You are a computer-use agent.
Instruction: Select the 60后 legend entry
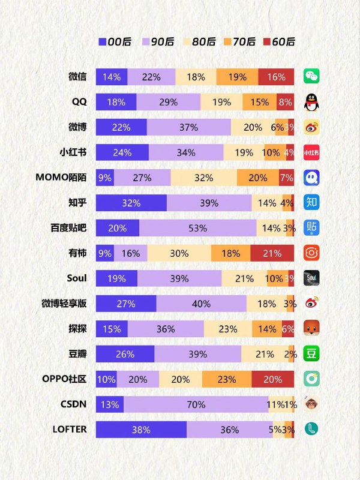pyautogui.click(x=278, y=41)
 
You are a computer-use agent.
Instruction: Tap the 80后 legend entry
pyautogui.click(x=198, y=41)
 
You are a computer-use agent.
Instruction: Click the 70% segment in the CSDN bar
pyautogui.click(x=196, y=404)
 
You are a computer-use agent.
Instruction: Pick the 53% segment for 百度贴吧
pyautogui.click(x=197, y=228)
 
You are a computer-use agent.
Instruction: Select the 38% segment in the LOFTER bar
pyautogui.click(x=141, y=430)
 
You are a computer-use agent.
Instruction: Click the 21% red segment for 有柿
pyautogui.click(x=272, y=253)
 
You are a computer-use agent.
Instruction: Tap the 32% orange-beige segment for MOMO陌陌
pyautogui.click(x=203, y=178)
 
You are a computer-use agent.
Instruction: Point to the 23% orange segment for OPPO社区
pyautogui.click(x=227, y=379)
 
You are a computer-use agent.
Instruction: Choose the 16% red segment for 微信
pyautogui.click(x=276, y=77)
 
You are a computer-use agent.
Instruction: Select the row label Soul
pyautogui.click(x=77, y=278)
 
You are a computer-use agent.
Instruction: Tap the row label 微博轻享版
pyautogui.click(x=64, y=304)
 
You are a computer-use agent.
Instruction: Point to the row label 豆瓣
pyautogui.click(x=77, y=354)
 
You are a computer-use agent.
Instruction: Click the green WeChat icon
pyautogui.click(x=311, y=77)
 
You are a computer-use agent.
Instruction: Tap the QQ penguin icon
pyautogui.click(x=311, y=102)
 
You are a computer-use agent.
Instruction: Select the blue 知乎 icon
pyautogui.click(x=311, y=203)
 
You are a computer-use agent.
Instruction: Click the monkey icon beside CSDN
pyautogui.click(x=311, y=404)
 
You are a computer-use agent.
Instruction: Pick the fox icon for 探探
pyautogui.click(x=311, y=329)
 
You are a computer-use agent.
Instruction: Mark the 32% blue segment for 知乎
pyautogui.click(x=131, y=203)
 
